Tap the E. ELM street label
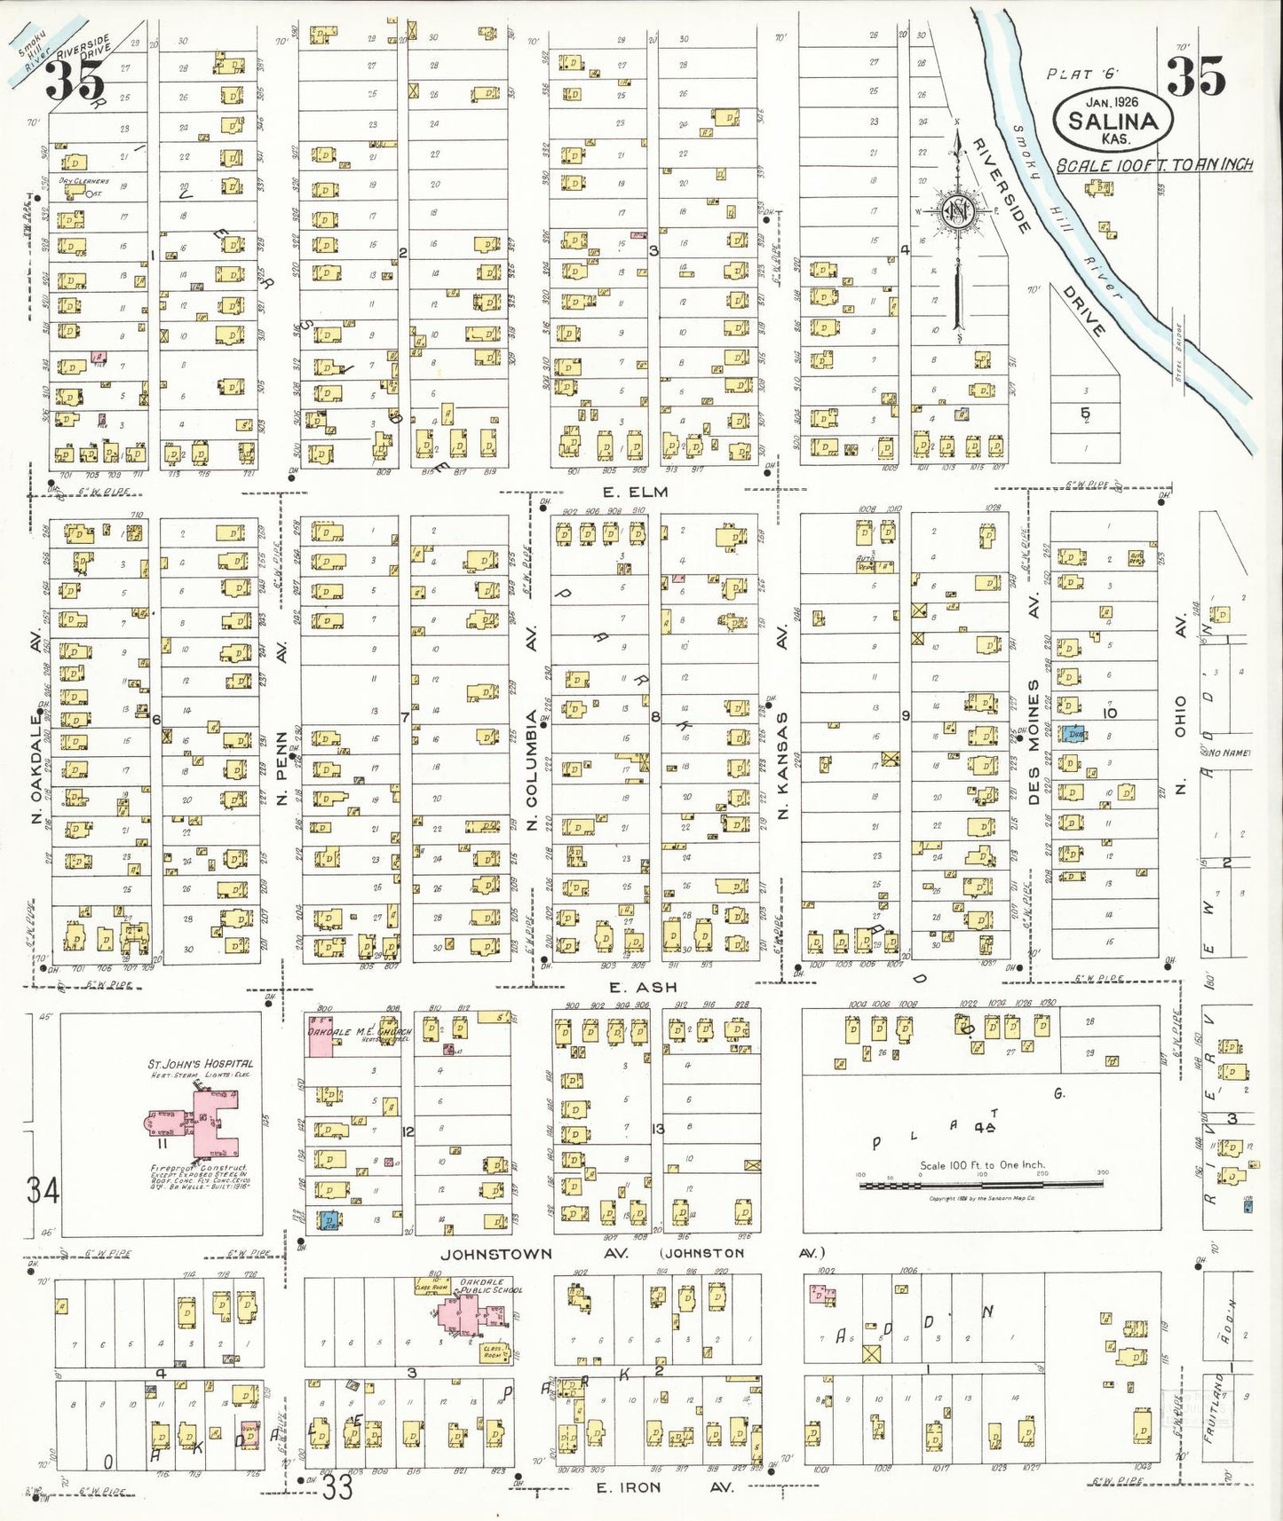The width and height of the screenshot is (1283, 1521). pyautogui.click(x=634, y=493)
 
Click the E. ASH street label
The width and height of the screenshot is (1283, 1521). pyautogui.click(x=643, y=987)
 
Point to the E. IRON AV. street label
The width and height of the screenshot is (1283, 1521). pyautogui.click(x=664, y=1487)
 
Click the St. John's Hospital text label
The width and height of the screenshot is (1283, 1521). pyautogui.click(x=201, y=1063)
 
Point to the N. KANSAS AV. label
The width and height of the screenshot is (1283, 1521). pyautogui.click(x=782, y=723)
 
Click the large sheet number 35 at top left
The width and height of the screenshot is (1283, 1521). pyautogui.click(x=75, y=82)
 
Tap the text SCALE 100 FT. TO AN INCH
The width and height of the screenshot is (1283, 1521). pyautogui.click(x=1153, y=166)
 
